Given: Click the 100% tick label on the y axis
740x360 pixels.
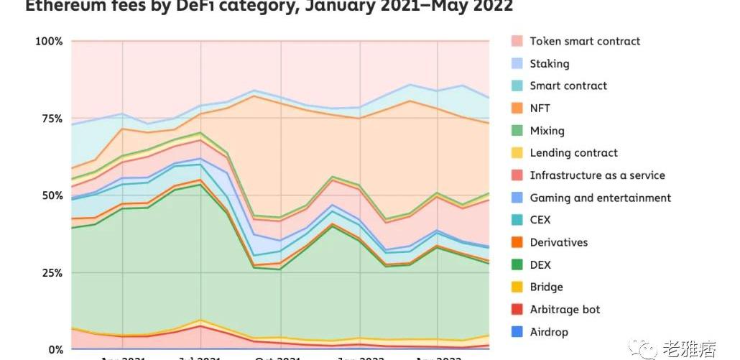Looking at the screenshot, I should coord(49,41).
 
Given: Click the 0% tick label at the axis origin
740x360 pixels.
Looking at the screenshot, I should coord(55,350).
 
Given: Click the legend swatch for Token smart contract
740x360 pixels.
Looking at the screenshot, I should coord(517,42).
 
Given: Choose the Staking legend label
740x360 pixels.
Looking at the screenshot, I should coord(549,64).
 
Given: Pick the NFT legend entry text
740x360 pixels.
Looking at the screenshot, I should coord(540,108).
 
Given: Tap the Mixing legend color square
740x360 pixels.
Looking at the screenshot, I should coord(517,131).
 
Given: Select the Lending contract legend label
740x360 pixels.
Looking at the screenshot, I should coord(573,153).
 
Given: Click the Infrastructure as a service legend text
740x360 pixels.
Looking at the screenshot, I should coord(597,175).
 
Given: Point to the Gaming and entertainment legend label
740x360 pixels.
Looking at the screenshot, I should coord(600,198).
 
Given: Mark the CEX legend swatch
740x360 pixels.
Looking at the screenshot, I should coord(517,220).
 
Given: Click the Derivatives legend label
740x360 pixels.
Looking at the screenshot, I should coord(558,242).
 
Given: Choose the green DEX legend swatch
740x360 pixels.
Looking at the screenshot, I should coord(517,265).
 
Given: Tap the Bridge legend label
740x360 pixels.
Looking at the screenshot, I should coord(546,287).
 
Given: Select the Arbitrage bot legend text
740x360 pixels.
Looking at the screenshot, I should coord(565,310).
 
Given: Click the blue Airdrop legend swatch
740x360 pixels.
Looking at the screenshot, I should coord(517,332).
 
